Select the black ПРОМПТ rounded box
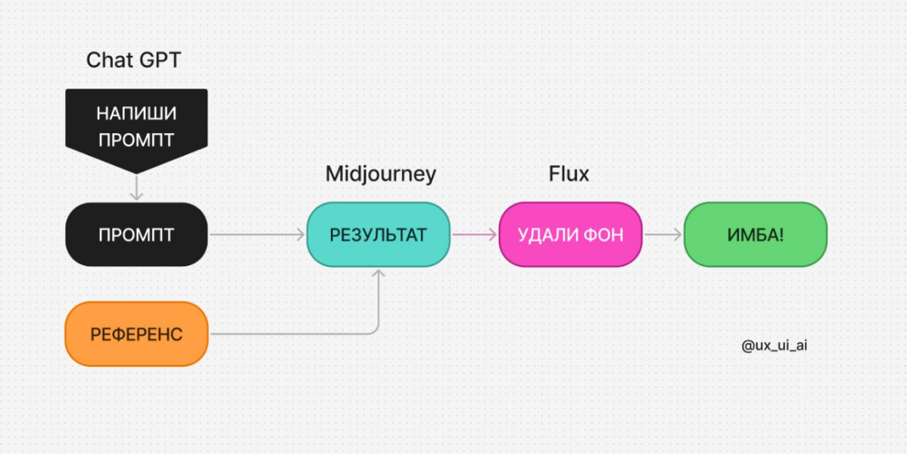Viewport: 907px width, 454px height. pos(136,235)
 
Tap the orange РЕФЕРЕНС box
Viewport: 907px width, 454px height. pos(136,334)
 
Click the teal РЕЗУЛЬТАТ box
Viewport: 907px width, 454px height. pos(379,235)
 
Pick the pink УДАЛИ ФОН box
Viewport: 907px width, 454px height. pos(570,235)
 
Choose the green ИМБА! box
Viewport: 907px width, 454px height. pos(756,235)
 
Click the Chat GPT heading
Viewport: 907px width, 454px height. pos(133,60)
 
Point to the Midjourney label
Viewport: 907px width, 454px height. pos(381,174)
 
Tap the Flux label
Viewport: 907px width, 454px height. pos(569,173)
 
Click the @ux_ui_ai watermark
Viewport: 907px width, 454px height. pos(774,346)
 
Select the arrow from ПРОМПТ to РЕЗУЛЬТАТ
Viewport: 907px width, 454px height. pos(257,235)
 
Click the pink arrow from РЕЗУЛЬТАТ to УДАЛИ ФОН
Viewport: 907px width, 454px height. pos(475,235)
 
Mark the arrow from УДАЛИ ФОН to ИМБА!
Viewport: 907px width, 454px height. pos(663,235)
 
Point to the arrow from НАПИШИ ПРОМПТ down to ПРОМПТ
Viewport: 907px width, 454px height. pos(136,188)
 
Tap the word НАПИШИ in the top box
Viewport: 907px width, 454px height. pos(136,114)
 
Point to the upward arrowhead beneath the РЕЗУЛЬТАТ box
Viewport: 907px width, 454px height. pos(379,273)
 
